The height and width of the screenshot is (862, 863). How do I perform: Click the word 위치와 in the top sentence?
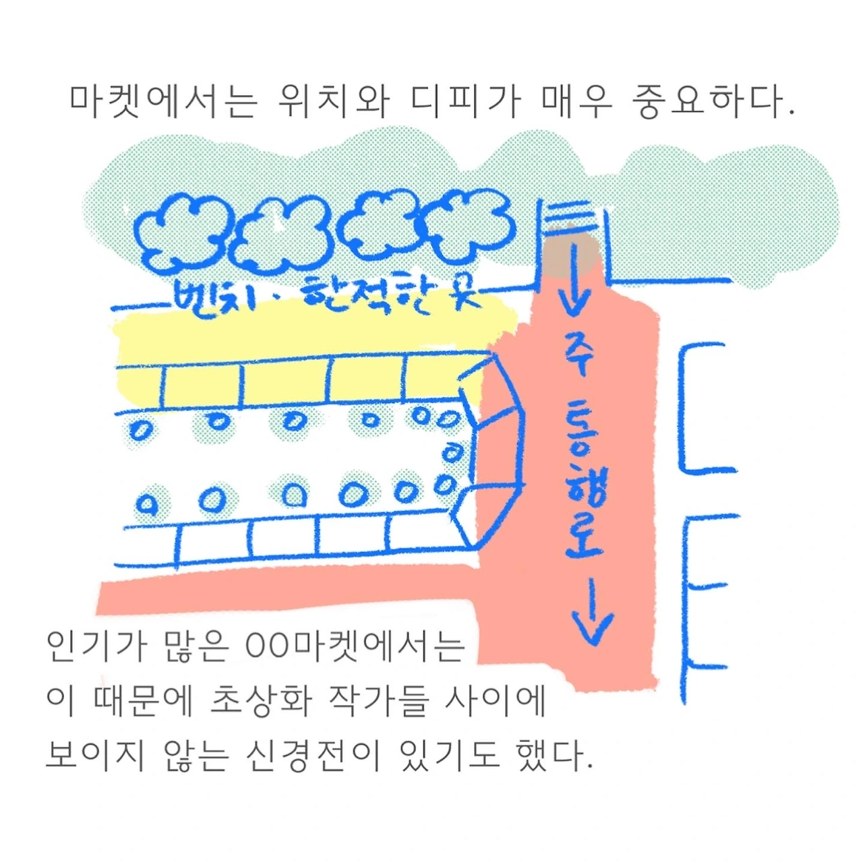(x=334, y=102)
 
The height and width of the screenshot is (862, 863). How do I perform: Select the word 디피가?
(x=465, y=102)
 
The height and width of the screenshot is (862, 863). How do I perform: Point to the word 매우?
(x=576, y=102)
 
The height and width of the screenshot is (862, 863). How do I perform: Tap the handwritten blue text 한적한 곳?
(x=391, y=295)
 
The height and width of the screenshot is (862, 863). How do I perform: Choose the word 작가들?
(x=378, y=701)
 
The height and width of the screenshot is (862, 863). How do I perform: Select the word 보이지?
(x=95, y=755)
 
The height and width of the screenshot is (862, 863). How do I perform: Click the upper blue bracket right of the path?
(x=701, y=408)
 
